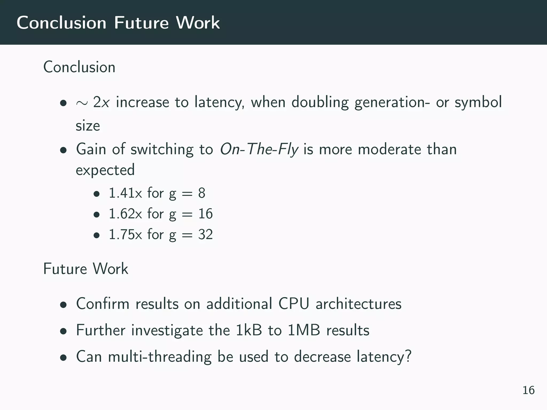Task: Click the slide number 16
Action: coord(528,390)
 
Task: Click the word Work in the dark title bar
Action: coord(198,23)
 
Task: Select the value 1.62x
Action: coord(125,214)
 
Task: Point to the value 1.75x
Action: coord(125,234)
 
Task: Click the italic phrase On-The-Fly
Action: coord(259,149)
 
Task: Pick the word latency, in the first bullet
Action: coord(219,102)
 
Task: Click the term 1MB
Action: coord(304,330)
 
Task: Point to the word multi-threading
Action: coord(160,357)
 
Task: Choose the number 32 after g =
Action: coord(205,234)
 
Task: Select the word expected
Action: coord(105,170)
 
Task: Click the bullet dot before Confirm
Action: coord(63,305)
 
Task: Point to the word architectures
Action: coord(358,304)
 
